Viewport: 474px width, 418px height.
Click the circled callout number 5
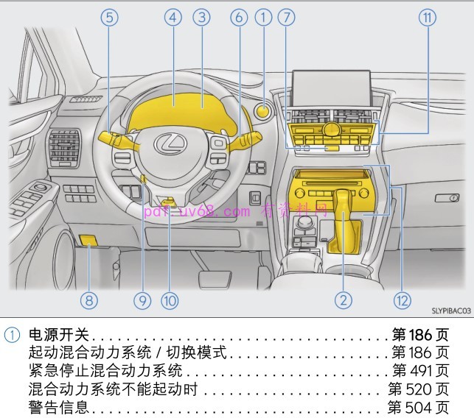coord(110,18)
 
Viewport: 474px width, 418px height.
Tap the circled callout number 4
coord(173,18)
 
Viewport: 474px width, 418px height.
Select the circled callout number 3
coord(202,18)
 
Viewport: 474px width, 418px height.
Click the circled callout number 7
coord(287,18)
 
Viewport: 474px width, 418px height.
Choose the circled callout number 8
coord(89,300)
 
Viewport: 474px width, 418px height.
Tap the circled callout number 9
coord(142,300)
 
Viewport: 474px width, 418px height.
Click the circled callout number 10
coord(170,300)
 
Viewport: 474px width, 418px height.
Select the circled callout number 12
coord(402,300)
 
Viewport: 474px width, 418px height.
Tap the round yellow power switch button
coord(262,112)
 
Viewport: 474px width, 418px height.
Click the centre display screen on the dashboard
coord(330,86)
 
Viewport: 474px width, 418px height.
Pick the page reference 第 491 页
coord(420,370)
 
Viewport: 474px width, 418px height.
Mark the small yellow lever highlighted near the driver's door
coord(88,239)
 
